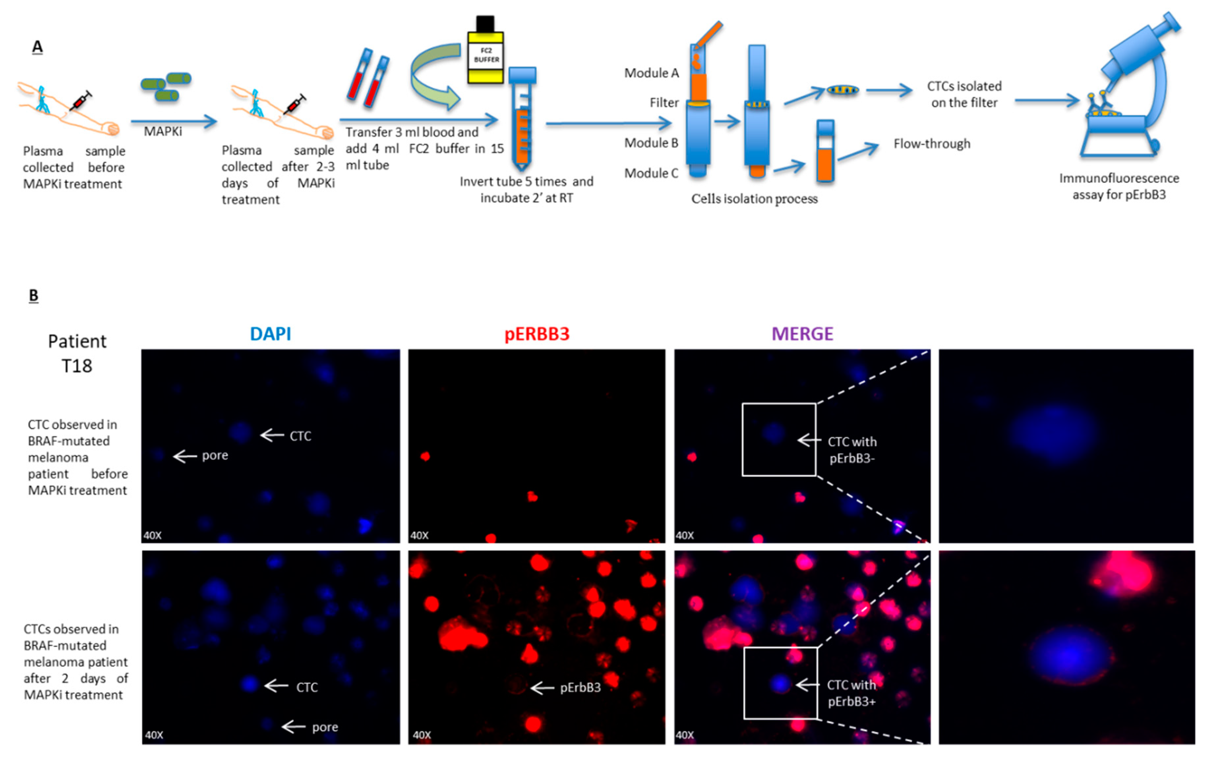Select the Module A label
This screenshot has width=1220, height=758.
(x=651, y=73)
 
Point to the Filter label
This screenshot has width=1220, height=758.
(x=664, y=103)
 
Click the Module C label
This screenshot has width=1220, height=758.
(x=651, y=173)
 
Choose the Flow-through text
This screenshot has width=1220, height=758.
(x=931, y=144)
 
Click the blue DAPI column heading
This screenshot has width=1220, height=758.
(x=270, y=334)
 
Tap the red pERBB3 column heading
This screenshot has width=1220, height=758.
(x=537, y=334)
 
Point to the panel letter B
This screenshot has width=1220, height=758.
(x=34, y=295)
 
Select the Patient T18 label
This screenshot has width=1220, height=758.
(x=77, y=353)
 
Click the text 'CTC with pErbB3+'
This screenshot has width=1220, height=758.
(x=851, y=693)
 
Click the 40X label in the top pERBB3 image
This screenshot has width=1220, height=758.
(x=419, y=536)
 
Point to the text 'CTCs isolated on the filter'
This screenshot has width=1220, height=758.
(x=964, y=94)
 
